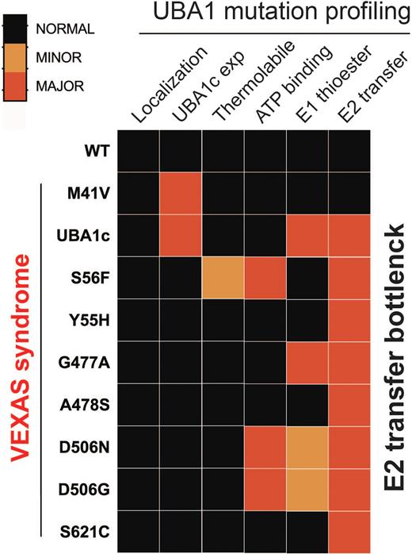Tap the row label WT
[93, 149]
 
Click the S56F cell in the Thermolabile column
[223, 278]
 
